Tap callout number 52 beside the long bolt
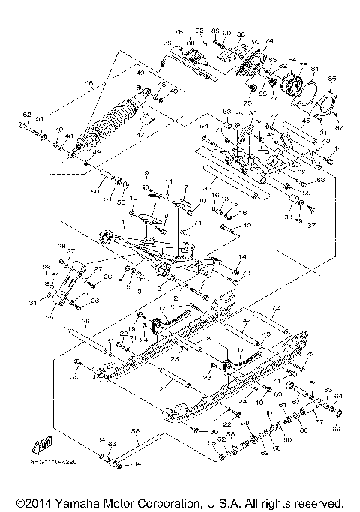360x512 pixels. tap(26, 114)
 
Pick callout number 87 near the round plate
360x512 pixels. tap(337, 127)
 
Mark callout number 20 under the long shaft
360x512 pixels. tap(164, 389)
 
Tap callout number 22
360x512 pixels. tap(122, 333)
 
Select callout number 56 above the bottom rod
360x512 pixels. tap(136, 431)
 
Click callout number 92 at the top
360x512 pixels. tap(199, 31)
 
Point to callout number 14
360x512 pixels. tap(241, 257)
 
